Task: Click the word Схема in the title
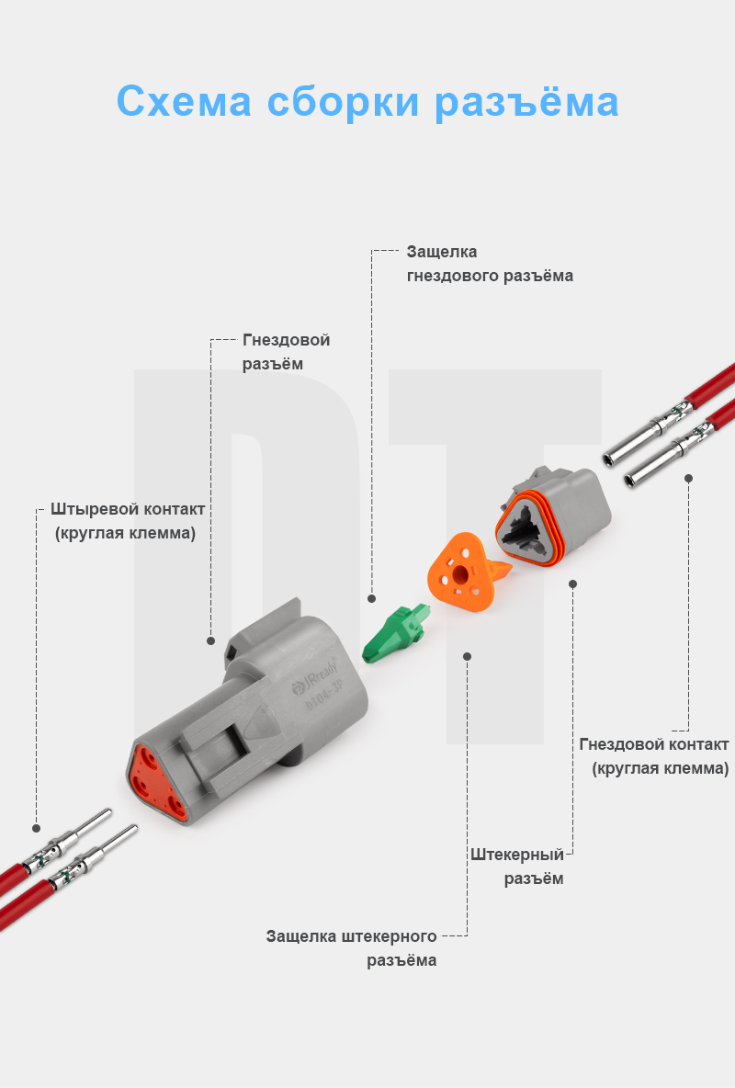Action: (x=184, y=101)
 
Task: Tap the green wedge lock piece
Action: (x=393, y=634)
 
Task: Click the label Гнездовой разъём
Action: (x=285, y=352)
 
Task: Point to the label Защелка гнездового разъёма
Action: (x=489, y=263)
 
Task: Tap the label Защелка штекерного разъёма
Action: (x=352, y=948)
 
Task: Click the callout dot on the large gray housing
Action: (x=210, y=640)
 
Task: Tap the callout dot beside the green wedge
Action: (x=372, y=598)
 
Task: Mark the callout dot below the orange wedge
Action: (x=468, y=656)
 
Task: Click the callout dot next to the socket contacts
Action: (x=688, y=478)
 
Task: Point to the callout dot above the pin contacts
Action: (x=38, y=826)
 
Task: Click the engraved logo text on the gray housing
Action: (x=316, y=678)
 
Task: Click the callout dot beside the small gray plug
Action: (x=572, y=583)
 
